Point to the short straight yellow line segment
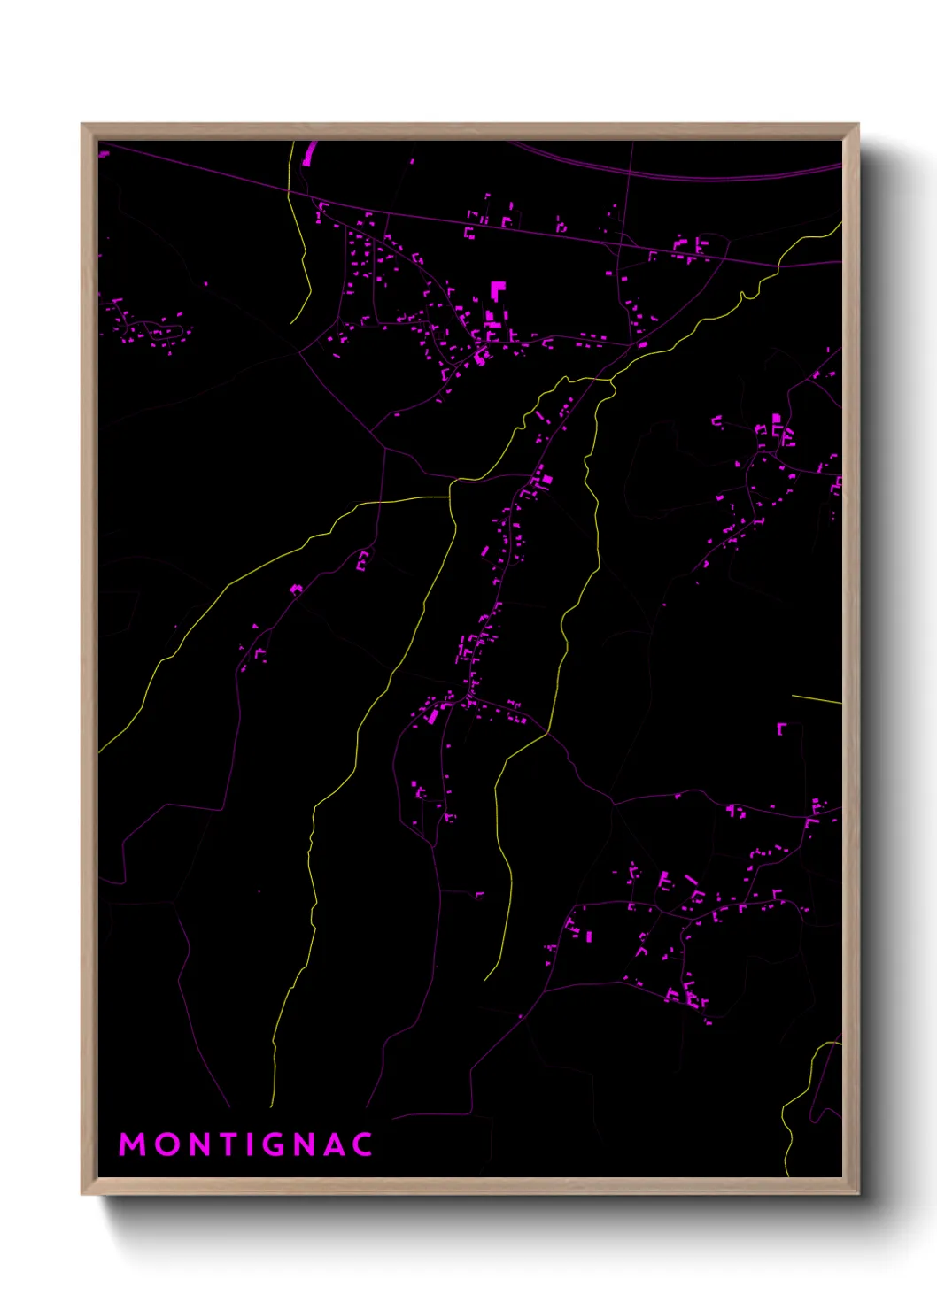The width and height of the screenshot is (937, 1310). pyautogui.click(x=816, y=700)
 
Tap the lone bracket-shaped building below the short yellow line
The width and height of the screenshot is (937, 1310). pyautogui.click(x=781, y=728)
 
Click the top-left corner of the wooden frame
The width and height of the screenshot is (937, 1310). pyautogui.click(x=83, y=126)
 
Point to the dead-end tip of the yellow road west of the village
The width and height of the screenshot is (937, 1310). pyautogui.click(x=291, y=323)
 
